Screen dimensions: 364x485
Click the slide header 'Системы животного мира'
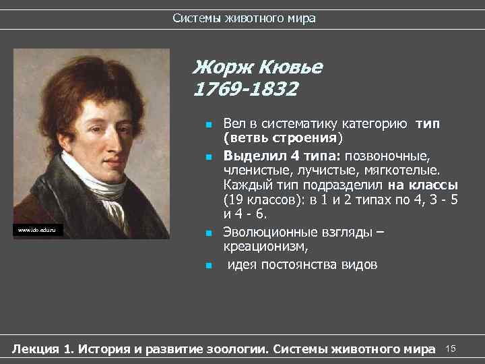coord(243,18)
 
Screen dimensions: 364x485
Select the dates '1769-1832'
coord(245,88)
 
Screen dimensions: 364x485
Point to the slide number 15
coord(451,348)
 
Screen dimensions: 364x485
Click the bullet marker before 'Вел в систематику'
coord(209,125)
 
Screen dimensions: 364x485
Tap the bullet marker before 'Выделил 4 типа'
coord(209,156)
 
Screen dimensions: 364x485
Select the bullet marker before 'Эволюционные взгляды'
coord(209,233)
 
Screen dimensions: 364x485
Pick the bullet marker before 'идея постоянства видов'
coord(209,265)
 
